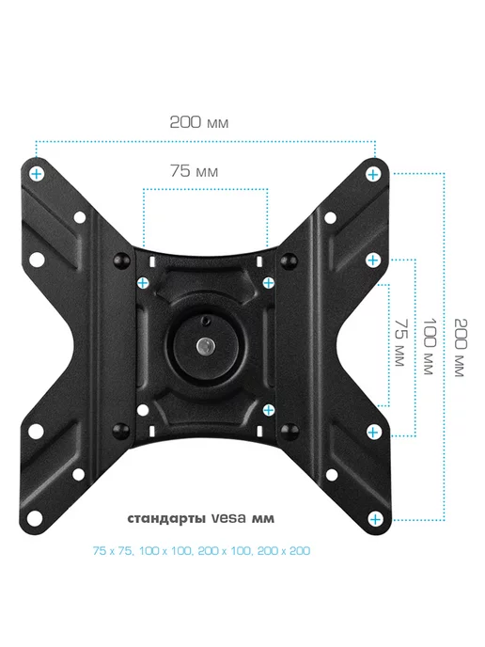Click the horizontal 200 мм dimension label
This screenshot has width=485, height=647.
(x=198, y=122)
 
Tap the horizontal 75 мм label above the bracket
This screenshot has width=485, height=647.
(x=194, y=171)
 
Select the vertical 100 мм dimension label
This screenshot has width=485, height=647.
(x=430, y=346)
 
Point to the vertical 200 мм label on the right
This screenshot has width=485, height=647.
(x=460, y=347)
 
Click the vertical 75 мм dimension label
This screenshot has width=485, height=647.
(x=400, y=342)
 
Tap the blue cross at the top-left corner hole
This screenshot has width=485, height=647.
(x=37, y=174)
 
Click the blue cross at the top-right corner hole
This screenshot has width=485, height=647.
(x=373, y=175)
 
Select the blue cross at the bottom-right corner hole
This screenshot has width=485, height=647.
(x=375, y=519)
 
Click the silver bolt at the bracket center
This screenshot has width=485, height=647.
(x=206, y=345)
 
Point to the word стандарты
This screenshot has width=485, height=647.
(x=166, y=519)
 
